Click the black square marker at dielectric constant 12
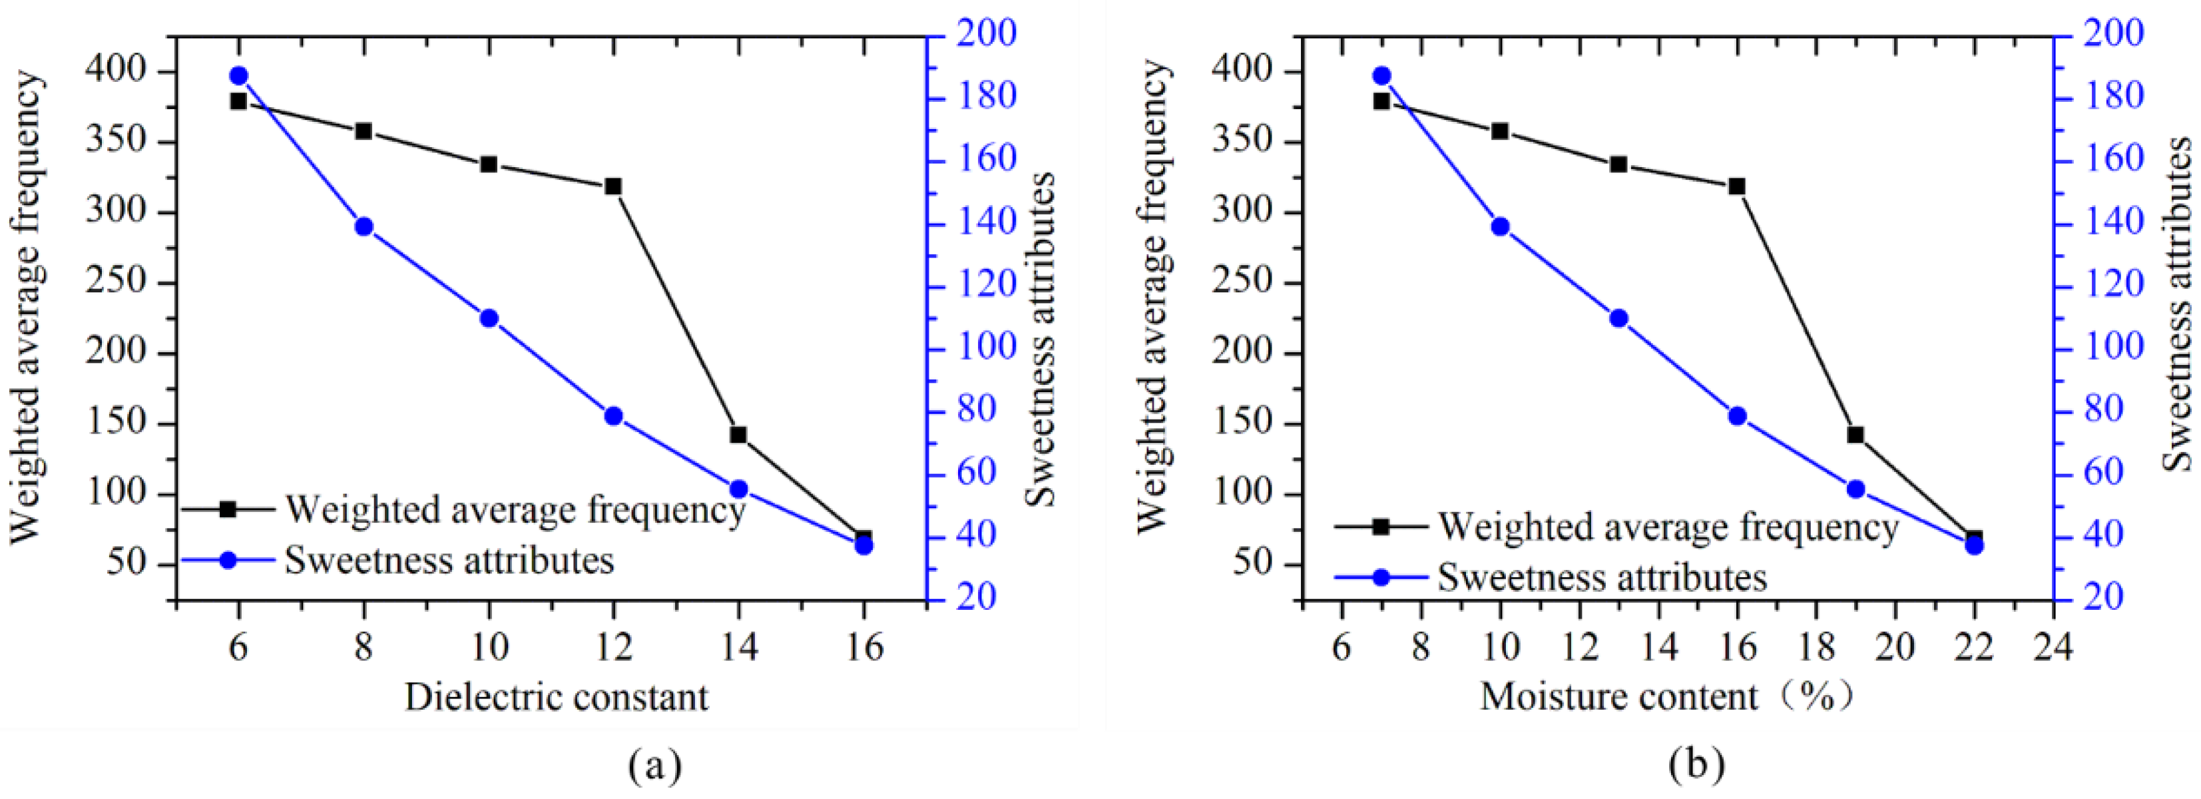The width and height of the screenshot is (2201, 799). tap(612, 186)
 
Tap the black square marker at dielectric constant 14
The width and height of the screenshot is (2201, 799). tap(738, 435)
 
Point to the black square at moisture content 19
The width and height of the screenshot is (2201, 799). tap(1855, 435)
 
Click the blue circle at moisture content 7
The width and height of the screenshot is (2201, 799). tap(1381, 76)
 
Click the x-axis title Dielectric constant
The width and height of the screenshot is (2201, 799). tap(556, 697)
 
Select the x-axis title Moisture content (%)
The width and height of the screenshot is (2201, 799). tap(1666, 697)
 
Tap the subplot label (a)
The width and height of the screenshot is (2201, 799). tap(654, 765)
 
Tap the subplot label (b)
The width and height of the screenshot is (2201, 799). tap(1697, 765)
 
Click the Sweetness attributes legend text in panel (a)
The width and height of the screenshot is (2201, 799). tap(449, 561)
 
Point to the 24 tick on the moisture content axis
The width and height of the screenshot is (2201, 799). tap(2053, 647)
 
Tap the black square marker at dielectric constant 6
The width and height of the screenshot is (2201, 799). tap(238, 101)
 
